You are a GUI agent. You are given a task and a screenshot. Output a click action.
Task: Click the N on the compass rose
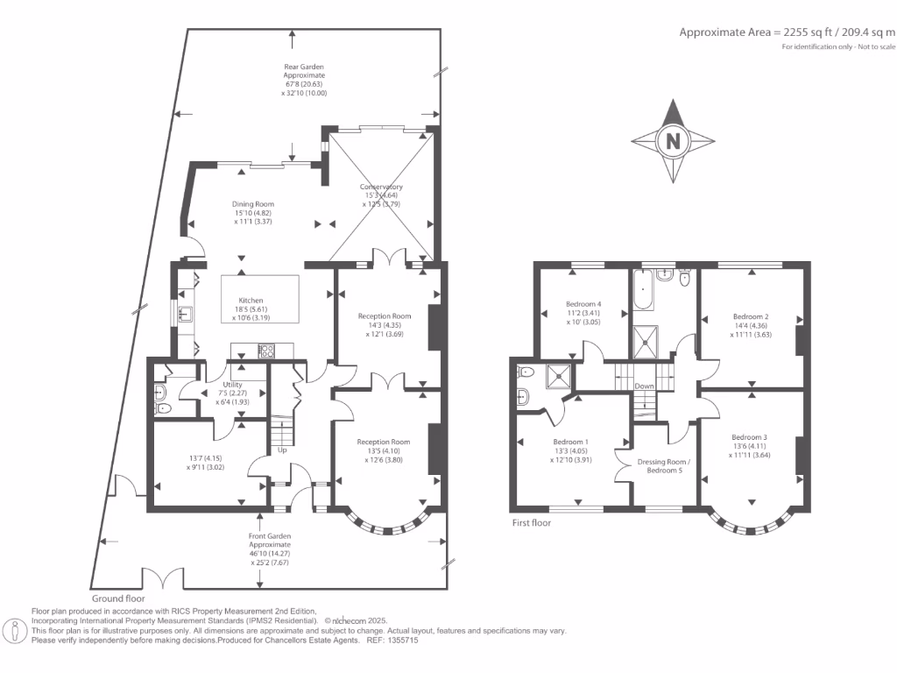click(x=673, y=141)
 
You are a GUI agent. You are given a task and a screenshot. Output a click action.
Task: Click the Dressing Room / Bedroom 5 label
click(x=665, y=466)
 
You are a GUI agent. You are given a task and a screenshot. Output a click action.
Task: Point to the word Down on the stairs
click(x=644, y=386)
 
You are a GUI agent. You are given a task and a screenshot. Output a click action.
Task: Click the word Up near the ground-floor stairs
click(x=282, y=450)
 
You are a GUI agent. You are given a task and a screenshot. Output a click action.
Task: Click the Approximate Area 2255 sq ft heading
click(x=787, y=32)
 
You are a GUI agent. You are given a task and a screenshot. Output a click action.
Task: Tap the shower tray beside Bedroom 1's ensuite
click(x=556, y=376)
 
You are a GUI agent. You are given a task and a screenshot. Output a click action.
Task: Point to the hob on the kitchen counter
click(x=265, y=351)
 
